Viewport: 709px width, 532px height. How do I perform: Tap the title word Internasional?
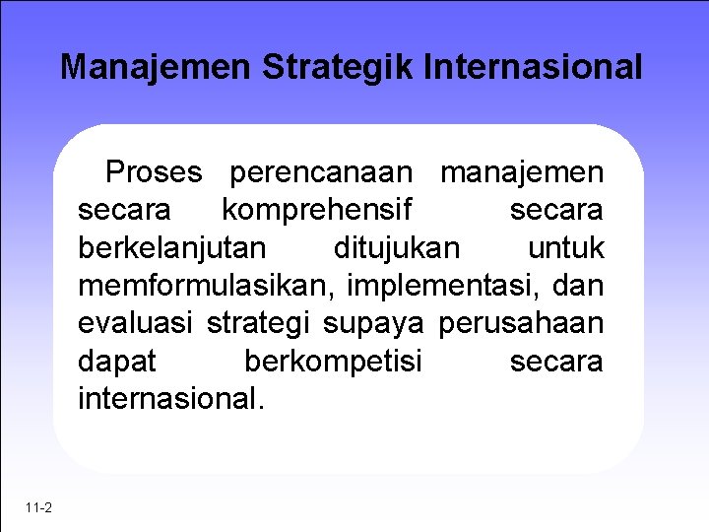(534, 67)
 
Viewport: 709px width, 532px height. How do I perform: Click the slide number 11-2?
(40, 507)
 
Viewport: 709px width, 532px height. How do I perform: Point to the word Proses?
(154, 172)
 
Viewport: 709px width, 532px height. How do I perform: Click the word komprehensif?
(316, 210)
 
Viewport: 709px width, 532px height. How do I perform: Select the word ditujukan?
(396, 247)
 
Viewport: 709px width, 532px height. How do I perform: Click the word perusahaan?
(521, 323)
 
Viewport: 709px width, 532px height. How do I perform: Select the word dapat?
(116, 362)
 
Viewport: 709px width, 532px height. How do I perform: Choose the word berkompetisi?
(332, 362)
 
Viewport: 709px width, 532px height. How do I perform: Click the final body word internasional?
(170, 399)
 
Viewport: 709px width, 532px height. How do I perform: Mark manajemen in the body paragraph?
(522, 172)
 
